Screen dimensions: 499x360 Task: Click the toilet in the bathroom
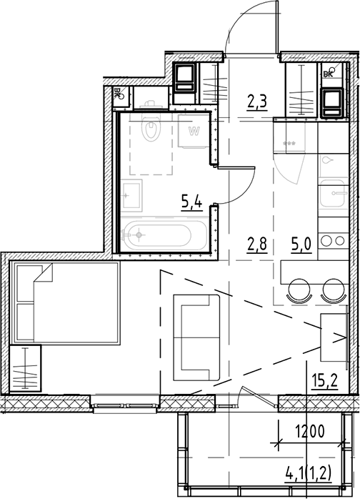(x=151, y=129)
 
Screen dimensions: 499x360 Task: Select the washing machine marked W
(x=193, y=132)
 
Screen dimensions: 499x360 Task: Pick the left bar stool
(x=301, y=291)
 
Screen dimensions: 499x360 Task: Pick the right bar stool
(x=332, y=291)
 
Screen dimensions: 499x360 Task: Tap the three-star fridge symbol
(x=291, y=144)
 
